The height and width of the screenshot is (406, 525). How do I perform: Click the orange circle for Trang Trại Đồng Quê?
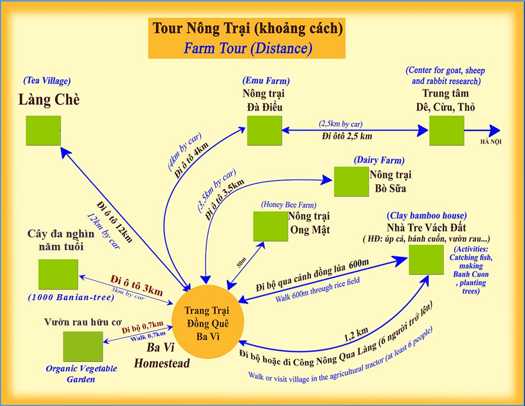pos(207,320)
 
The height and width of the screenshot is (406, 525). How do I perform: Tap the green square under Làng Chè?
pos(44,131)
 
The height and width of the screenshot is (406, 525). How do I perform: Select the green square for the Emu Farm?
pos(264,131)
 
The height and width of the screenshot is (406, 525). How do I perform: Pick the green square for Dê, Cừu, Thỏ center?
pos(446,131)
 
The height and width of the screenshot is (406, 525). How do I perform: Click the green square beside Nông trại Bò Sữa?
pos(351,181)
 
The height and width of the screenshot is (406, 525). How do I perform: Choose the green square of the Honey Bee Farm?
pos(270,226)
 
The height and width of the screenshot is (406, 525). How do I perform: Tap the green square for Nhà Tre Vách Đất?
pos(426,259)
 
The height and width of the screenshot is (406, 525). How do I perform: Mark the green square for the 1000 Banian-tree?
pos(58,274)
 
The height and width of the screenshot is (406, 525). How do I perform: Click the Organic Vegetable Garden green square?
pos(83,346)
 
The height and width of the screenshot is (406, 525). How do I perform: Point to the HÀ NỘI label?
pos(490,142)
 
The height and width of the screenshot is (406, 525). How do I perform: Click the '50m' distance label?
pos(241,262)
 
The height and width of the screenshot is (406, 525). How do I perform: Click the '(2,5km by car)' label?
pos(340,123)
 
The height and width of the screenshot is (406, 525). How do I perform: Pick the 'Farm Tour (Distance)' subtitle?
pos(247,48)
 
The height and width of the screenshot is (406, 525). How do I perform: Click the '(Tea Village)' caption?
pos(47,81)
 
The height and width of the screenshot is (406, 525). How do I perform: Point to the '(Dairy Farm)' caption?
pos(379,160)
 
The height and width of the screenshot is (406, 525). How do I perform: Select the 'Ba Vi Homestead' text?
pos(162,356)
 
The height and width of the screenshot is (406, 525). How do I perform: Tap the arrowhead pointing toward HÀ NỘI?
pos(495,131)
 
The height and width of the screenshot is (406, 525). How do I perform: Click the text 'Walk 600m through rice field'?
pos(318,290)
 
